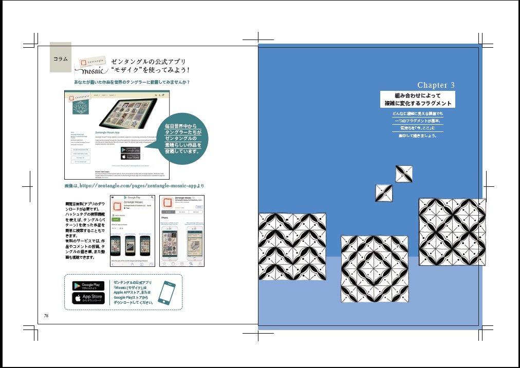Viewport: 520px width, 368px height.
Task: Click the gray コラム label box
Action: [60, 57]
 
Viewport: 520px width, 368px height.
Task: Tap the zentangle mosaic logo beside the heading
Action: [92, 65]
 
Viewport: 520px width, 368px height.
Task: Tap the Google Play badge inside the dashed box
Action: [88, 286]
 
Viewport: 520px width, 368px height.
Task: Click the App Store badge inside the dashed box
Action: [88, 298]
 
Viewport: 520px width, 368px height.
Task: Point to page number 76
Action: [46, 316]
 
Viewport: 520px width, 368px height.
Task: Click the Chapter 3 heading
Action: [436, 85]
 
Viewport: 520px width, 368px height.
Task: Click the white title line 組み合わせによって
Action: [417, 95]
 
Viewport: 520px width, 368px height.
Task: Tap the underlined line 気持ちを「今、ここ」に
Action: [417, 127]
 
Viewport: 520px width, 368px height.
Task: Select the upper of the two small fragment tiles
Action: [404, 174]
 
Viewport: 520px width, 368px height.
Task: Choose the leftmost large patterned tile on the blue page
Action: [292, 246]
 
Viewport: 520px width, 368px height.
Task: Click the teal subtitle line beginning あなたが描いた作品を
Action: [132, 82]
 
